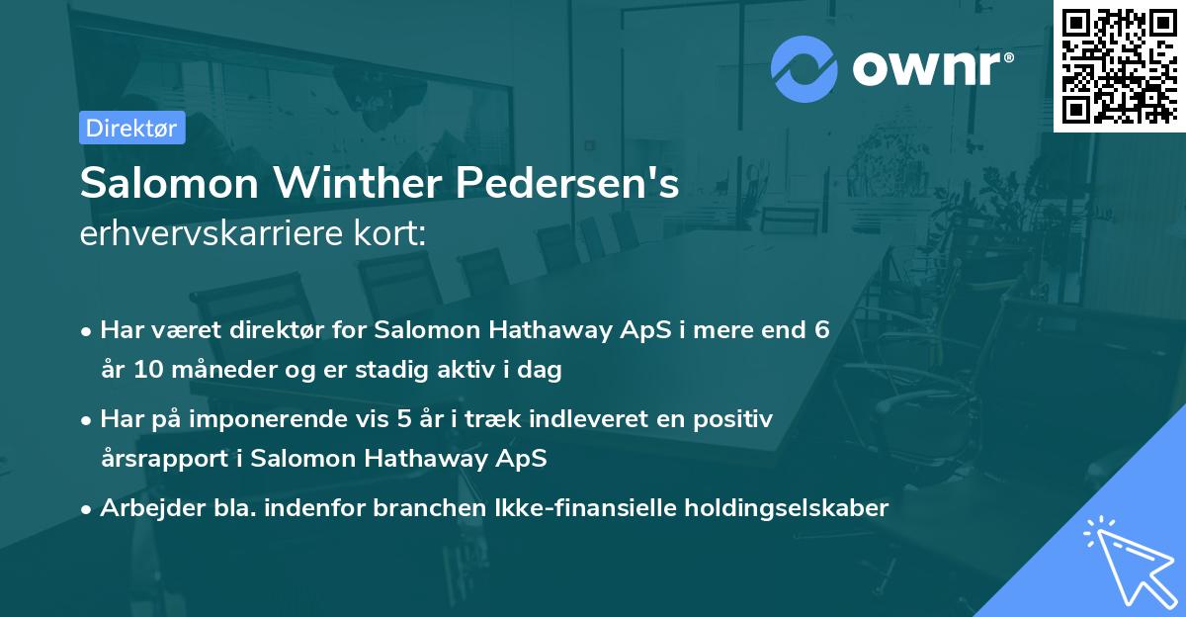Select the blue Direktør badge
(x=131, y=128)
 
